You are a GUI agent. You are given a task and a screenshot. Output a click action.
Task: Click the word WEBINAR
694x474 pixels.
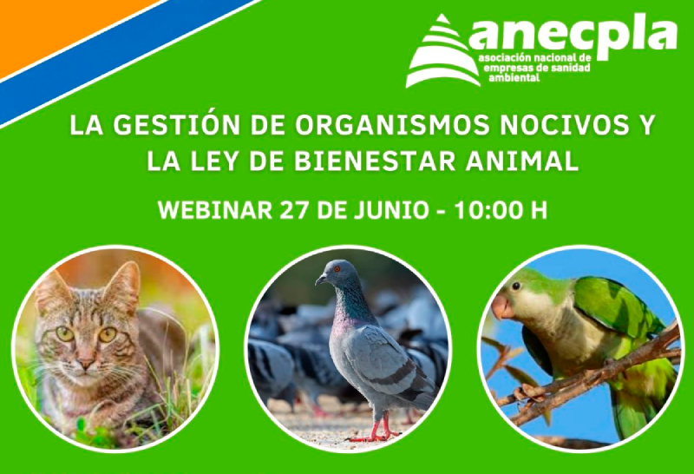[x=213, y=211]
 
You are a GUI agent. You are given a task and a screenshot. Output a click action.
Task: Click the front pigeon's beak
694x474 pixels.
[x=318, y=280]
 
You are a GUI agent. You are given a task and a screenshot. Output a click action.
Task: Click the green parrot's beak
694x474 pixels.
[x=501, y=306]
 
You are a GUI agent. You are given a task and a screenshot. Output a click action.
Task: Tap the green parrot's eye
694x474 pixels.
[x=518, y=286]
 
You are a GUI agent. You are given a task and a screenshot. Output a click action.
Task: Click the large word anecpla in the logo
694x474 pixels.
[x=573, y=35]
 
